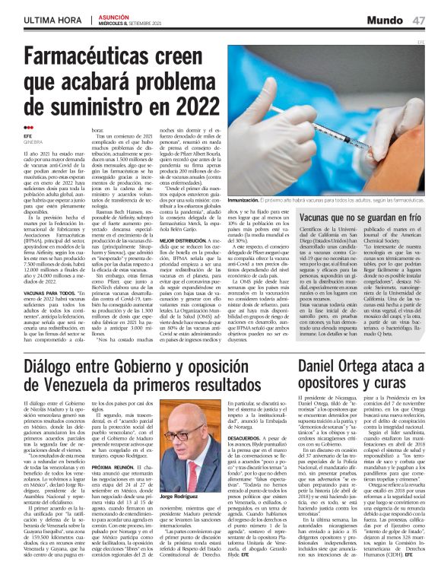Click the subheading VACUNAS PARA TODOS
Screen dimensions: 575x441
click(x=50, y=291)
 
